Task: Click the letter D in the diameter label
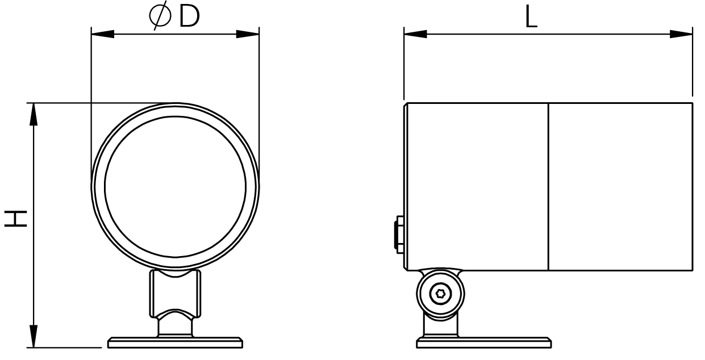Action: [189, 16]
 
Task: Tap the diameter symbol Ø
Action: [160, 16]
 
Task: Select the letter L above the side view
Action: [531, 18]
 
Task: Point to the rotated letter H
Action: [15, 219]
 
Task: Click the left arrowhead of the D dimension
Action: [103, 34]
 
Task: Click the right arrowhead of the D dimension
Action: [248, 34]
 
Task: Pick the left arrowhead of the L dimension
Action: [415, 34]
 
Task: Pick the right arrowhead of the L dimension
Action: [681, 34]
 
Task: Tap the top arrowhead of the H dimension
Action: [34, 114]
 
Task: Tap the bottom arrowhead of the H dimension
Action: [34, 336]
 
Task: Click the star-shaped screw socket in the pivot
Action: [440, 294]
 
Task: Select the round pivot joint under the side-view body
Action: [440, 294]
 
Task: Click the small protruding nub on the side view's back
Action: [399, 234]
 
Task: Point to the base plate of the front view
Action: [176, 342]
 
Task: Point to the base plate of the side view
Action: [484, 342]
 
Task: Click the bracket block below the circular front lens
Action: [175, 294]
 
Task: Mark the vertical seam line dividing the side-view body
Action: [548, 186]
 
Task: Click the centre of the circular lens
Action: [176, 187]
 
